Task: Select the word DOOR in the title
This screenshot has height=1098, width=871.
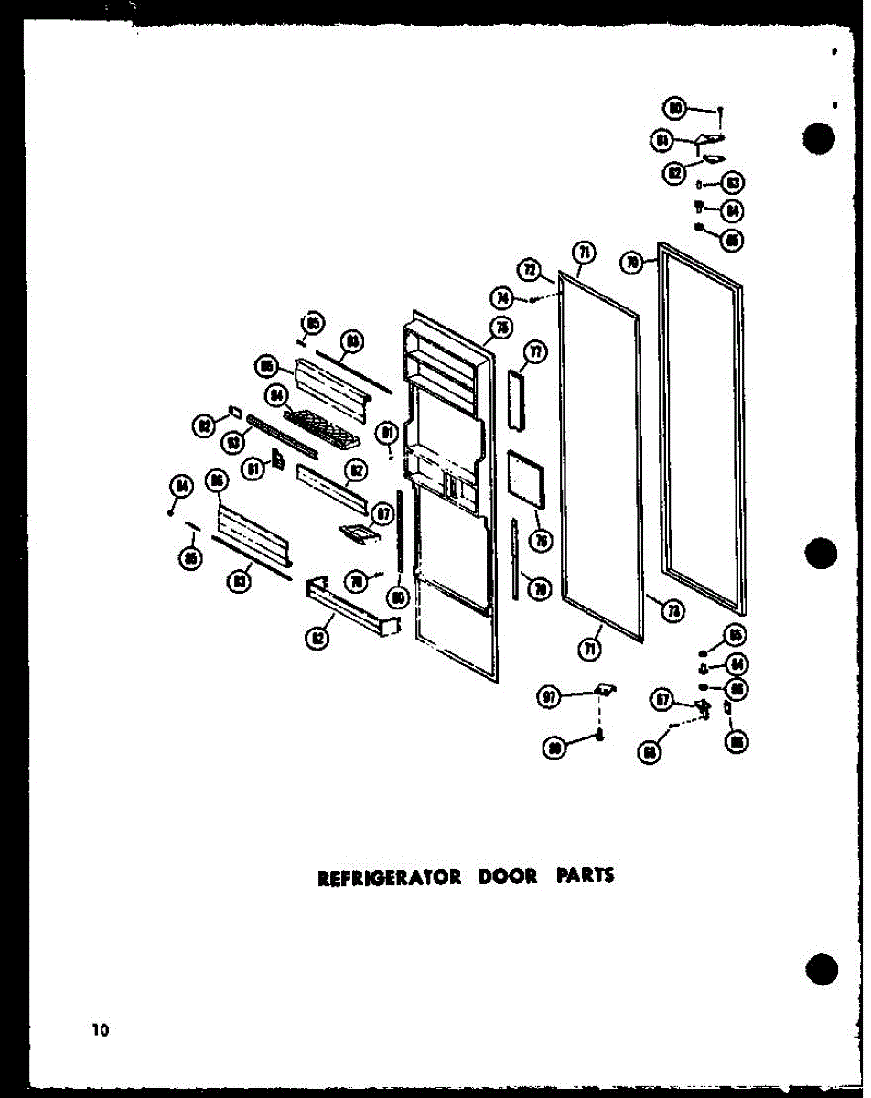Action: [x=504, y=877]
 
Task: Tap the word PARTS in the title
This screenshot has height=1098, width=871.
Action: [x=586, y=876]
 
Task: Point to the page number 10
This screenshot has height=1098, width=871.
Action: [x=99, y=1030]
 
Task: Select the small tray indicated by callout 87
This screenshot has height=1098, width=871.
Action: [x=358, y=532]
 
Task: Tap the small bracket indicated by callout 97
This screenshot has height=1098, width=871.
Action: [x=604, y=688]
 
